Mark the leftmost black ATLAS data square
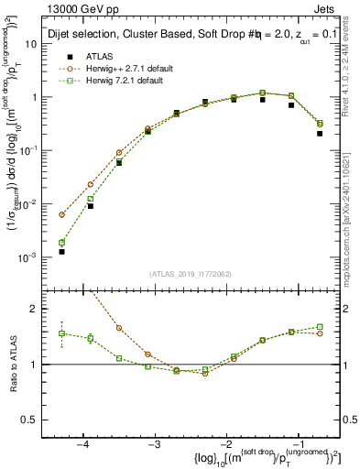click(61, 251)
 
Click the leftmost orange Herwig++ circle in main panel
click(61, 214)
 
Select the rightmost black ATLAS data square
click(320, 133)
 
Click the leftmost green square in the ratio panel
click(61, 333)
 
